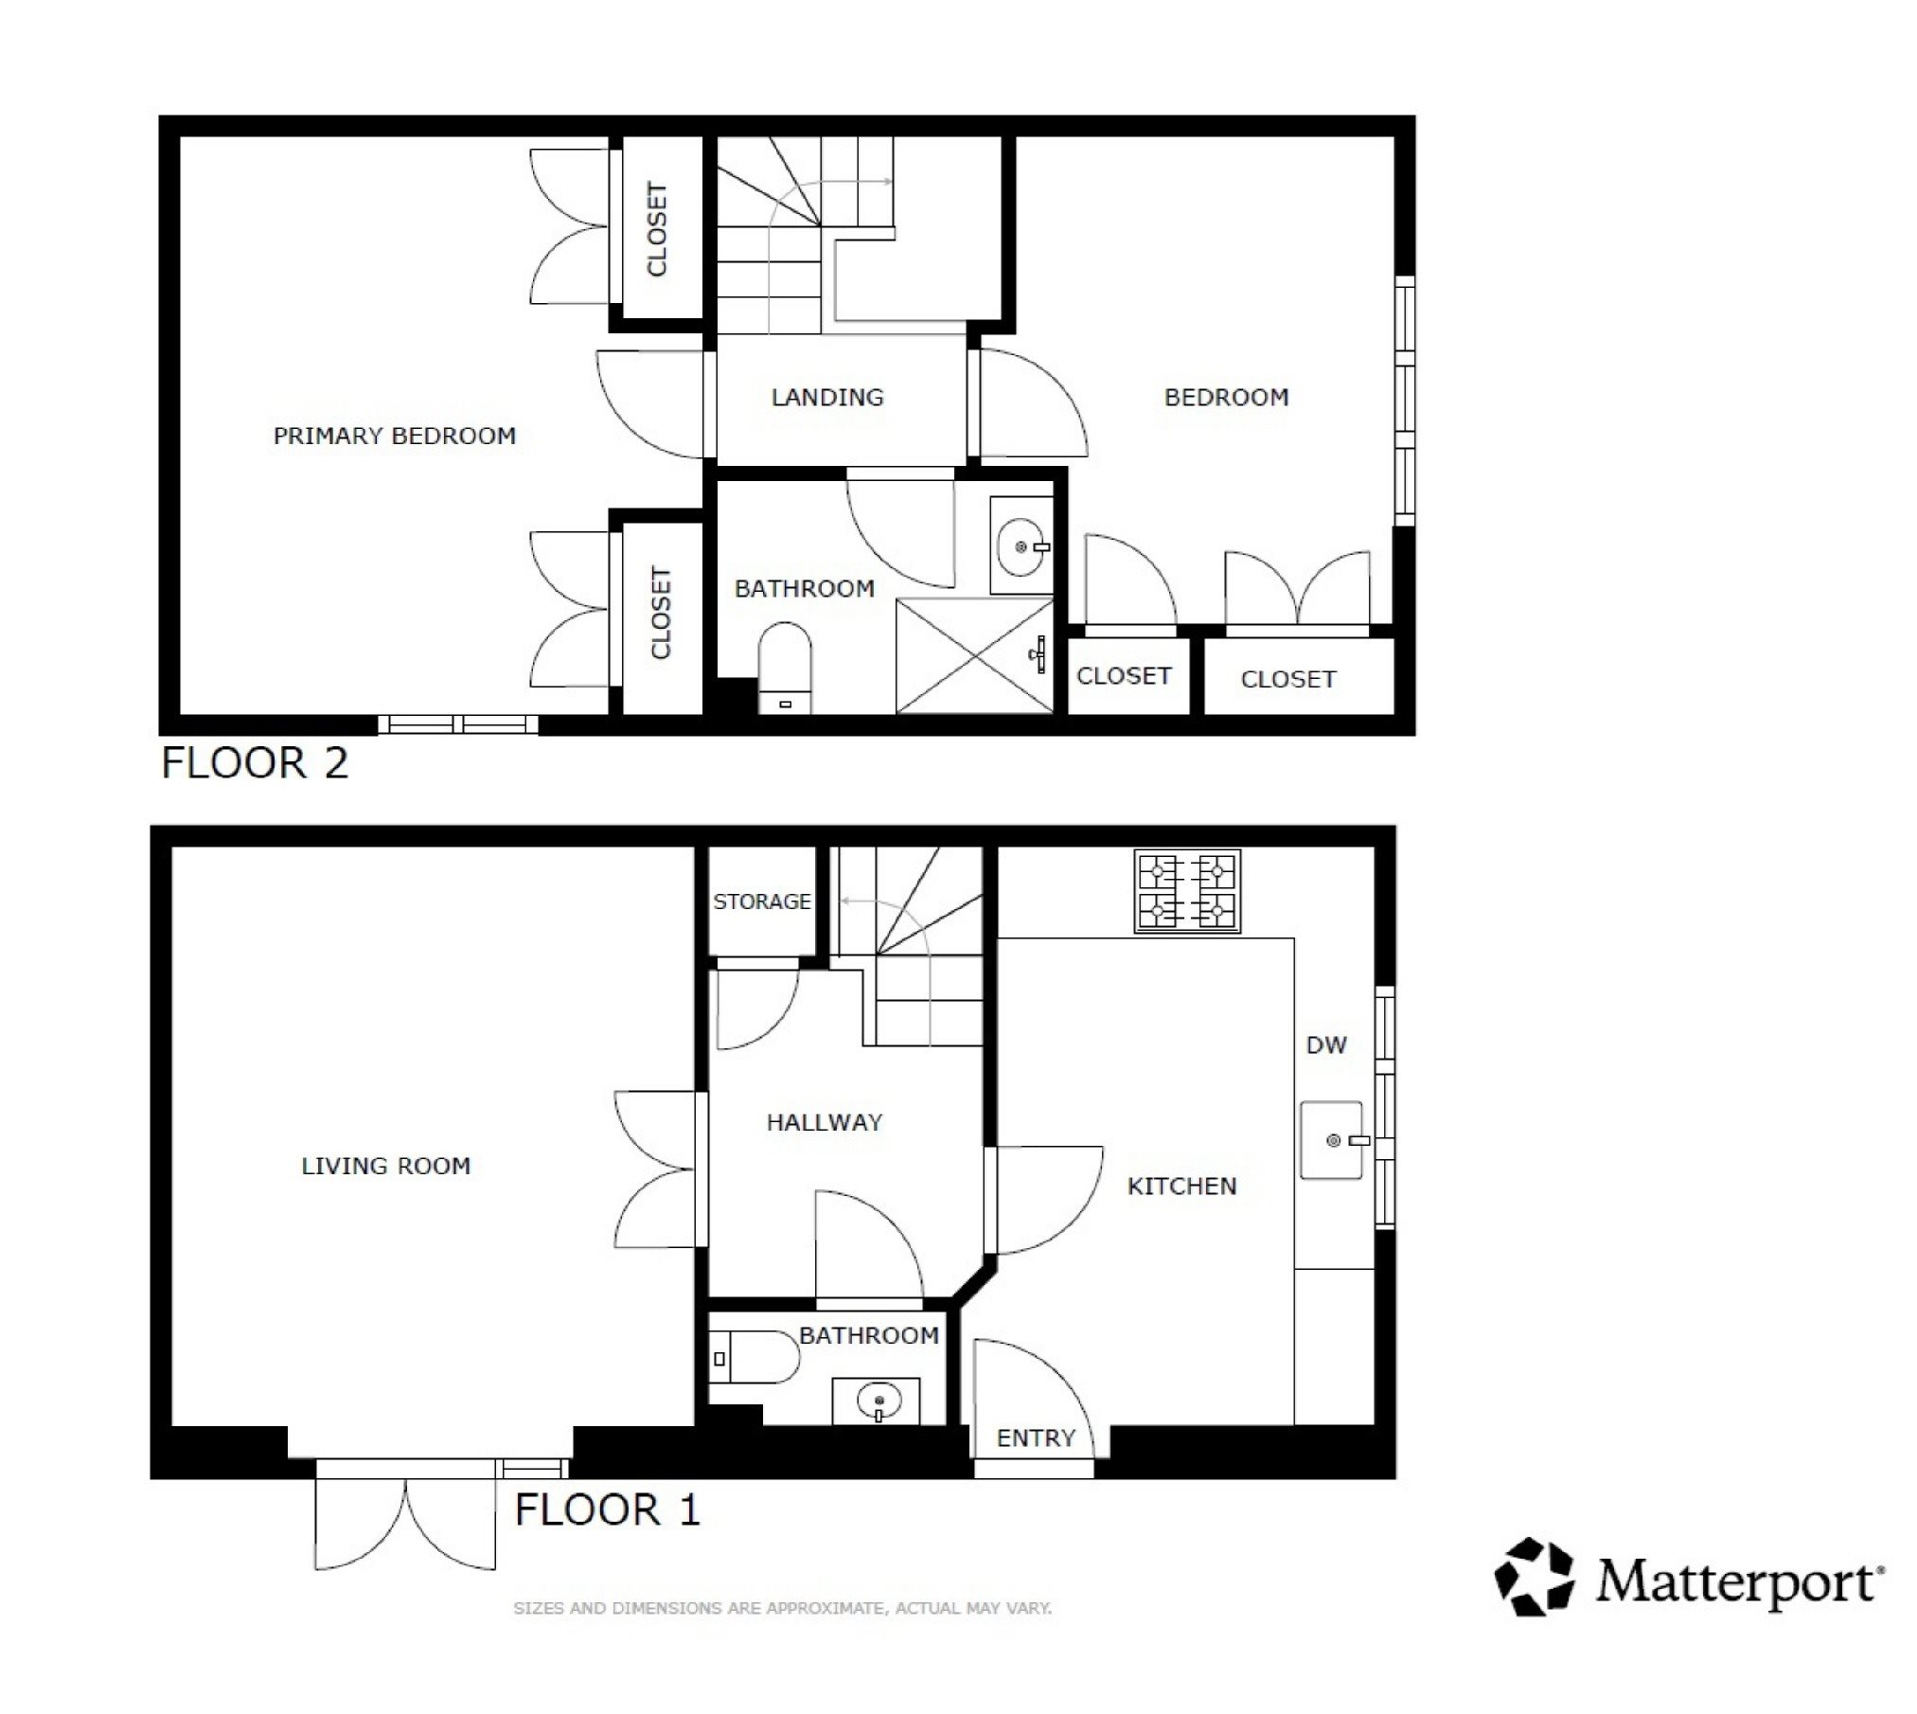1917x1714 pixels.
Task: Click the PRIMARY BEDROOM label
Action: tap(395, 437)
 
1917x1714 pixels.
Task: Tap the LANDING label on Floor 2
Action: tap(827, 398)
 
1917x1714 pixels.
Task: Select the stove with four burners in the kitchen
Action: tap(1187, 890)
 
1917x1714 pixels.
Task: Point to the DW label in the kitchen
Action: tap(1326, 1045)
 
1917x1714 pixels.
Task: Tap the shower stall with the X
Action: tap(975, 655)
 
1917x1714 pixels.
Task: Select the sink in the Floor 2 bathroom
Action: tap(1021, 545)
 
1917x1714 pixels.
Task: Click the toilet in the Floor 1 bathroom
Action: tap(754, 1358)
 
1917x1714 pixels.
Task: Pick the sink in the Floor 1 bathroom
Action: tap(876, 1401)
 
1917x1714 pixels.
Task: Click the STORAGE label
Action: tap(762, 902)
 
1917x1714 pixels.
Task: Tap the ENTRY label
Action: tap(1036, 1438)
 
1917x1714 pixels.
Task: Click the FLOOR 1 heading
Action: tap(607, 1509)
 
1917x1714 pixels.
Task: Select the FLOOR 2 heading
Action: tap(255, 763)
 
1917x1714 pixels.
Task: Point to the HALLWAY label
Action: tap(825, 1123)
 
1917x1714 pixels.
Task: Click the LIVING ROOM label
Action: tap(385, 1166)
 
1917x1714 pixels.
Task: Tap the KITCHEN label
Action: tap(1181, 1187)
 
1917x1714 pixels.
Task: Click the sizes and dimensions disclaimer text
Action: tap(782, 1608)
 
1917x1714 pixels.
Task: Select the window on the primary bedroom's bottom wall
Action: tap(458, 724)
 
